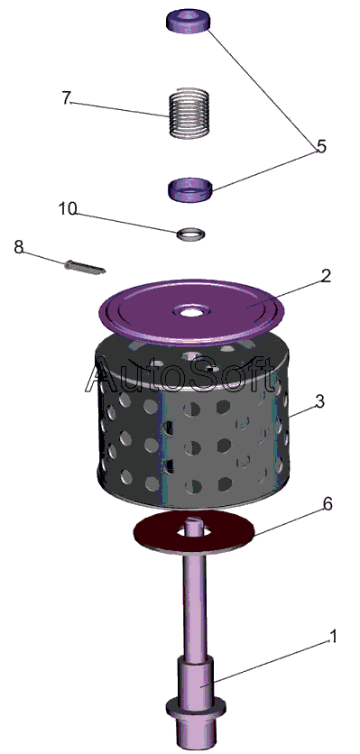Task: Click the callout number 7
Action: click(x=67, y=97)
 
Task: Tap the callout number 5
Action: click(x=321, y=146)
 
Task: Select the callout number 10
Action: click(x=68, y=209)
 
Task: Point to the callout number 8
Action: click(x=18, y=247)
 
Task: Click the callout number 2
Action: click(x=326, y=276)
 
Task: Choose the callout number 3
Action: click(x=320, y=401)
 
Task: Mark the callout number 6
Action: click(x=327, y=504)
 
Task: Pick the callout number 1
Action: click(x=333, y=636)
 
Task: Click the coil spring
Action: click(x=190, y=114)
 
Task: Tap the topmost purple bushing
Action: click(x=189, y=21)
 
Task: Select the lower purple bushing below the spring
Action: click(x=190, y=189)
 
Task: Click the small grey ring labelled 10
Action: click(x=190, y=234)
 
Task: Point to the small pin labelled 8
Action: click(x=84, y=266)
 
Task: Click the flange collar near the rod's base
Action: click(x=196, y=707)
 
